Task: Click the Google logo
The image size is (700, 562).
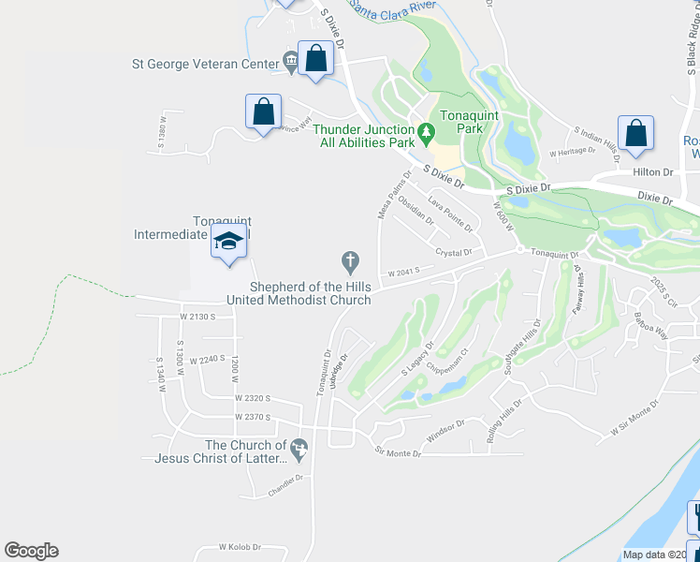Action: coord(31,551)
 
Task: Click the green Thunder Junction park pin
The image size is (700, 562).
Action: coord(427,135)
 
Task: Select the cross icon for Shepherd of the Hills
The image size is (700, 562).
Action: coord(350,259)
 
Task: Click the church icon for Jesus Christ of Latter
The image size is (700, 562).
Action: coord(299,451)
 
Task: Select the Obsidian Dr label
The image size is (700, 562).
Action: coord(416,211)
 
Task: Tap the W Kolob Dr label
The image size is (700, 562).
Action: coord(238,546)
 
